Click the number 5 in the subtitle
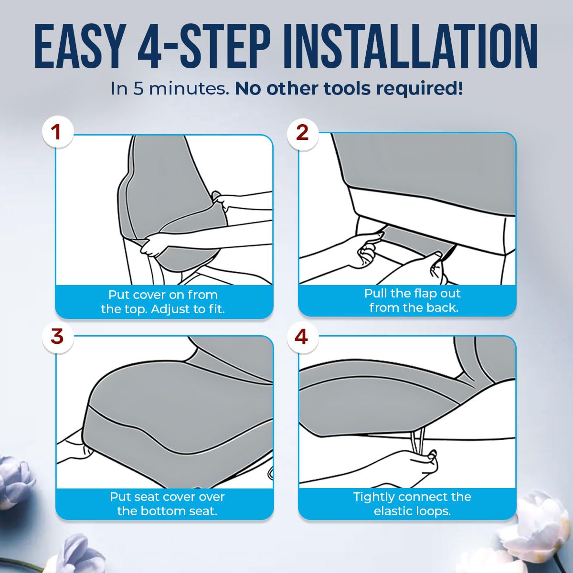pos(138,89)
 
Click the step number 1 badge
pos(57,132)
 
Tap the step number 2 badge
pos(302,133)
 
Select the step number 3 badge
pos(57,337)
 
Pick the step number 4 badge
pos(302,337)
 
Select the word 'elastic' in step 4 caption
pos(393,511)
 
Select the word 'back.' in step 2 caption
pos(443,308)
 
